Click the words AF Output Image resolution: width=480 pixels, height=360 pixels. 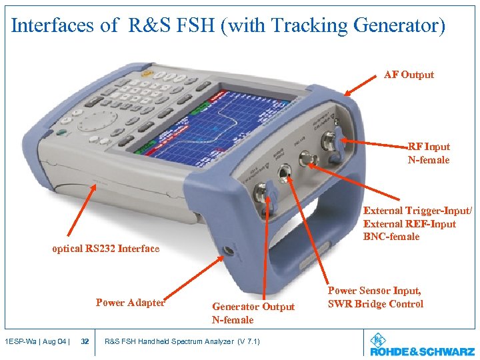tap(409, 75)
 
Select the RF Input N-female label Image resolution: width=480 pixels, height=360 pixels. tap(429, 153)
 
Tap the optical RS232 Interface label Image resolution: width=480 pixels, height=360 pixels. tap(106, 249)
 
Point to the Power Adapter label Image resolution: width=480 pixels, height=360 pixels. tap(130, 303)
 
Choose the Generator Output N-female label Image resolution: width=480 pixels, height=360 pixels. tap(253, 313)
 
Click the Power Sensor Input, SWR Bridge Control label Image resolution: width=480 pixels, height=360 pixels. tap(375, 297)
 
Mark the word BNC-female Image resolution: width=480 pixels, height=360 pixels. tap(391, 237)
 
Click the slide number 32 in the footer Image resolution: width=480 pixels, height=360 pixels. tap(85, 341)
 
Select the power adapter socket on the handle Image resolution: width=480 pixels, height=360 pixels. tap(229, 251)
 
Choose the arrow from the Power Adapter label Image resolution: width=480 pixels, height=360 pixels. tap(193, 277)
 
